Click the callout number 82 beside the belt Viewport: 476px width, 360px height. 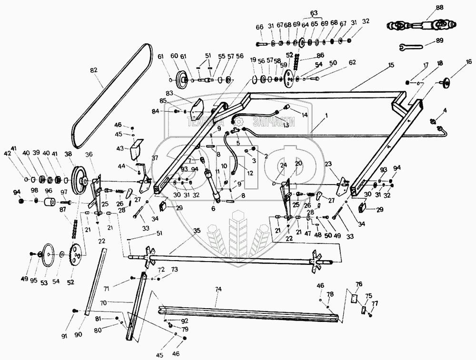pos(93,70)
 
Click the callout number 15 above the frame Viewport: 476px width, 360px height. pos(391,64)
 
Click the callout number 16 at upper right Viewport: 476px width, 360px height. pos(469,61)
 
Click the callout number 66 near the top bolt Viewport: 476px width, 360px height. pos(259,28)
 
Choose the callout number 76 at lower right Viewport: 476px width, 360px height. pos(359,284)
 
